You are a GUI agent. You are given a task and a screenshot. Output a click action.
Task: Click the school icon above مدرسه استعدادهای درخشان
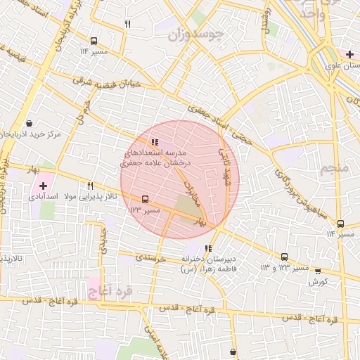(155, 143)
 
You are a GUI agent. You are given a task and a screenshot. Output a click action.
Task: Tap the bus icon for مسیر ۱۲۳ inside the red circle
(145, 200)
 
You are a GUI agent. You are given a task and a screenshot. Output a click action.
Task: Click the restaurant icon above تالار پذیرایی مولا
(91, 186)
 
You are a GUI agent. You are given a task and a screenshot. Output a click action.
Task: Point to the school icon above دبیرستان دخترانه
(207, 248)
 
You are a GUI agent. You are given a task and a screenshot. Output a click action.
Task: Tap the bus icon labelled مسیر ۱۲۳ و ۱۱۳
(284, 257)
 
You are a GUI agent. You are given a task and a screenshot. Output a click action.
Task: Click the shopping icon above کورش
(317, 271)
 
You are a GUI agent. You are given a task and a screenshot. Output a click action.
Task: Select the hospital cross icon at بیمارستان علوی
(349, 54)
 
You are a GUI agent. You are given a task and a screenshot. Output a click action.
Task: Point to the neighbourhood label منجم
(333, 169)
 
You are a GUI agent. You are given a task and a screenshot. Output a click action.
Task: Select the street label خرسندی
(150, 259)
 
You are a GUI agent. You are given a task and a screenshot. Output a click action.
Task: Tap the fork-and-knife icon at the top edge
(127, 24)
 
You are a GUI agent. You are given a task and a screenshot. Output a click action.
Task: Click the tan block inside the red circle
(186, 209)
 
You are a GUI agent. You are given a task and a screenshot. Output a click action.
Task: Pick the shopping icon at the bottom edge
(233, 352)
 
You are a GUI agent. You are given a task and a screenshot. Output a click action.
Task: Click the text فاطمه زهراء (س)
(208, 269)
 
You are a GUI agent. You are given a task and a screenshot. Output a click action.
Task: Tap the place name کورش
(319, 282)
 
